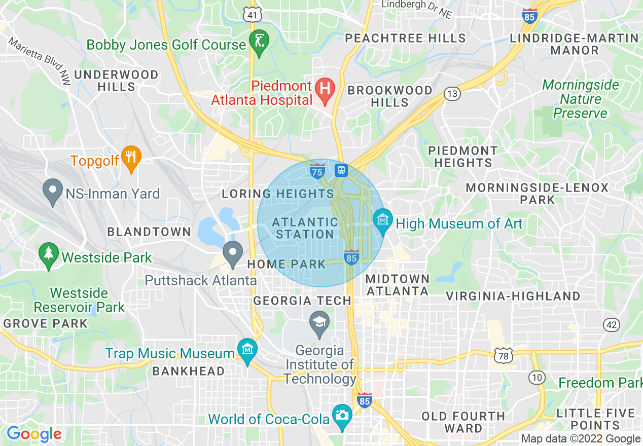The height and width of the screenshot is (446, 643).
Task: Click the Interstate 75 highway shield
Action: [x=317, y=171]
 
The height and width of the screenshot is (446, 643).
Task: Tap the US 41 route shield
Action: [x=252, y=15]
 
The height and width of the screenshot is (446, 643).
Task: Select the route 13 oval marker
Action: [x=452, y=93]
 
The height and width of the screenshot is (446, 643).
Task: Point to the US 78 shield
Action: [x=503, y=355]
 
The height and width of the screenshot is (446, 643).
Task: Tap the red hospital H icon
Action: [x=325, y=88]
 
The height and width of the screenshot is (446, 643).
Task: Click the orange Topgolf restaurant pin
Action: [x=131, y=157]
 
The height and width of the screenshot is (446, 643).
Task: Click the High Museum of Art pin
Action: [x=383, y=220]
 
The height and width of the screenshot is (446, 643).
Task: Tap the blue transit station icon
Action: [x=341, y=170]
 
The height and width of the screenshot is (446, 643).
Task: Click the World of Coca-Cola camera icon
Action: [x=342, y=416]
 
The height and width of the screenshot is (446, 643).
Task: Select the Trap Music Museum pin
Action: [x=247, y=350]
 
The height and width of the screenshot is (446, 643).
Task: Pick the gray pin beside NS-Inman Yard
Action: [x=53, y=191]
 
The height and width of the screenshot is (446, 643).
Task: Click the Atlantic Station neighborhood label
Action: [x=305, y=228]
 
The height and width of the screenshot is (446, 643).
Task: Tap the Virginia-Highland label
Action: [x=513, y=296]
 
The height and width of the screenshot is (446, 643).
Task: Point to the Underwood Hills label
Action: [x=117, y=81]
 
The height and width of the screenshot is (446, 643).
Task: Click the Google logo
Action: [x=34, y=434]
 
